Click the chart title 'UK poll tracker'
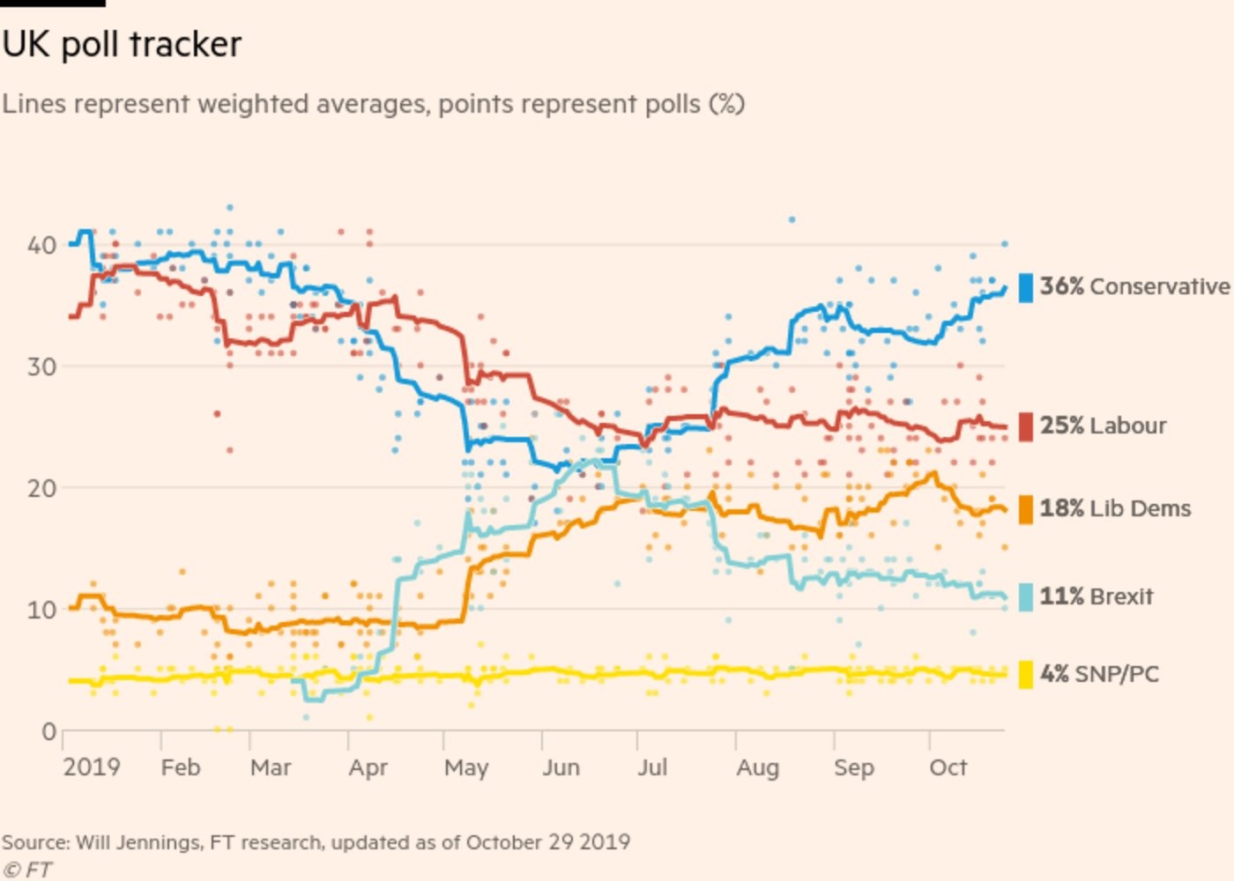coord(122,44)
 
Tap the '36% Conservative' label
coord(1134,286)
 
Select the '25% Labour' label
coord(1103,426)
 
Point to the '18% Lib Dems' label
coord(1115,508)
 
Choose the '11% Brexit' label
coord(1096,596)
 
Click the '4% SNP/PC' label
coord(1099,674)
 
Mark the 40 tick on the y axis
coord(41,245)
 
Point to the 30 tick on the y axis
coord(41,366)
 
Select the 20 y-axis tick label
coord(41,488)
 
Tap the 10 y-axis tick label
coord(41,610)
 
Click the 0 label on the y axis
coord(48,731)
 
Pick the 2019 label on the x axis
coord(92,767)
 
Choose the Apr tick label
coord(368,768)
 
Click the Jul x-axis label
coord(652,767)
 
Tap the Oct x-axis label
coord(948,767)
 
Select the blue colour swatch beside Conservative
coord(1025,287)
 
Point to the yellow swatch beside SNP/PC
coord(1025,674)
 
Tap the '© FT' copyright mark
coord(27,870)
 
